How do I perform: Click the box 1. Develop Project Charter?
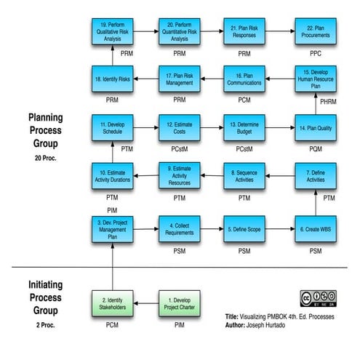tap(179, 303)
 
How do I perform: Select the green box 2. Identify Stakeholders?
tap(112, 303)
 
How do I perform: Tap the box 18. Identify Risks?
tap(112, 79)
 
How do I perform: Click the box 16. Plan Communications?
tap(247, 79)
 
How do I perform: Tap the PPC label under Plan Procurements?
tap(315, 54)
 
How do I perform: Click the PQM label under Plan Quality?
tap(315, 149)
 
